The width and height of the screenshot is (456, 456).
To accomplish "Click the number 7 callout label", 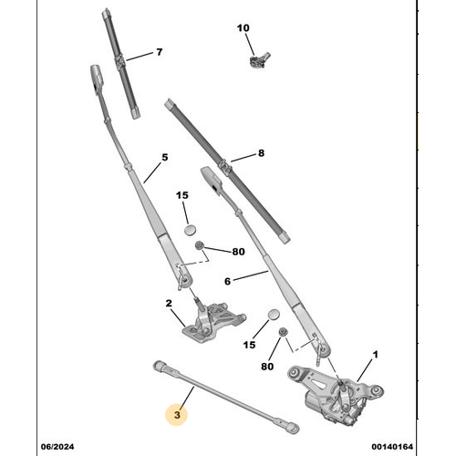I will pos(159,52).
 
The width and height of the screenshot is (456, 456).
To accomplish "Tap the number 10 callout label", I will pos(243,28).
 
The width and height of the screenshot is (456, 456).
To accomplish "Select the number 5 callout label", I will pos(165,157).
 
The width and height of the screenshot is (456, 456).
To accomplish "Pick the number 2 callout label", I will pos(169,304).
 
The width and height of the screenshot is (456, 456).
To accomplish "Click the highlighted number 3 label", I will pos(179,414).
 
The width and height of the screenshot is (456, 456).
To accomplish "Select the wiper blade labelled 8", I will pos(228,169).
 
